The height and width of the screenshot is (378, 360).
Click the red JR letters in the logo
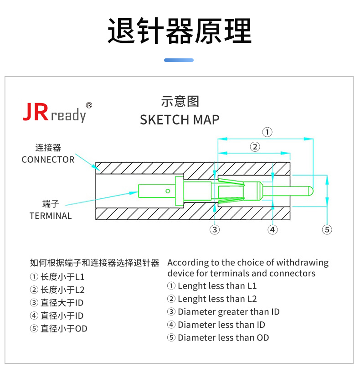pyautogui.click(x=36, y=112)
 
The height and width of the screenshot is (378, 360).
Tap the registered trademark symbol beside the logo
pyautogui.click(x=89, y=105)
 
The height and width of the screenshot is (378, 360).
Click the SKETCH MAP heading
pyautogui.click(x=180, y=120)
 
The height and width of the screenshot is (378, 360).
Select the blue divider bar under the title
pyautogui.click(x=179, y=60)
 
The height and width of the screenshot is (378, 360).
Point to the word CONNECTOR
pyautogui.click(x=48, y=160)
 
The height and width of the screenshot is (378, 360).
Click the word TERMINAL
pyautogui.click(x=51, y=216)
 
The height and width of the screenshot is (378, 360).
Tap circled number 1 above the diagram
pyautogui.click(x=267, y=132)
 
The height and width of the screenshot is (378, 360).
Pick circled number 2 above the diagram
pyautogui.click(x=255, y=146)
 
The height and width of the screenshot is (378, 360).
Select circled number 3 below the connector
pyautogui.click(x=215, y=229)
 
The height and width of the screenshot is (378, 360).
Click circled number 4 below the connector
pyautogui.click(x=273, y=229)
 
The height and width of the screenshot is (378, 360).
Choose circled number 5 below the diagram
pyautogui.click(x=327, y=229)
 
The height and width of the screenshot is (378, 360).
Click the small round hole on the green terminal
pyautogui.click(x=168, y=191)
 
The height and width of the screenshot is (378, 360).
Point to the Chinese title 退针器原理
pyautogui.click(x=180, y=31)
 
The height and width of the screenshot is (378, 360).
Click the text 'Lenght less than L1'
pyautogui.click(x=217, y=286)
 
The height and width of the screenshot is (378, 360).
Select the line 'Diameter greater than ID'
pyautogui.click(x=229, y=312)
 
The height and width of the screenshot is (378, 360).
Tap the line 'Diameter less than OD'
pyautogui.click(x=223, y=338)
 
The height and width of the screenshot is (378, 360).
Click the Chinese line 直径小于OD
pyautogui.click(x=64, y=329)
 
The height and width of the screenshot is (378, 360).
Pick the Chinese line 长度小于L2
pyautogui.click(x=62, y=290)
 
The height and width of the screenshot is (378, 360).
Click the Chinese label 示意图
pyautogui.click(x=180, y=101)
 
